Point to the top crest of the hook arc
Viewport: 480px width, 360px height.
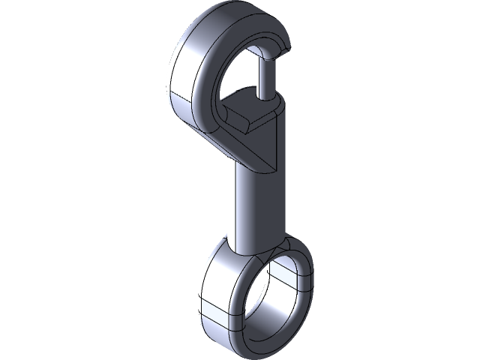click(x=225, y=18)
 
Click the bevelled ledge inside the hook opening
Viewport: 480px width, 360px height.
click(x=247, y=119)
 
